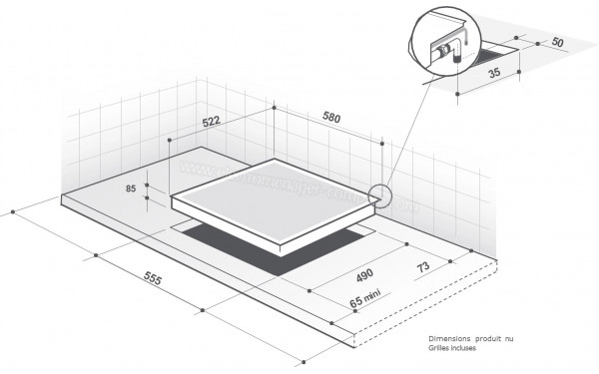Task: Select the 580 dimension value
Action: [331, 118]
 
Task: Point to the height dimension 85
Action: [131, 187]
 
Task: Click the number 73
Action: [424, 267]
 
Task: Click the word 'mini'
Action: [372, 294]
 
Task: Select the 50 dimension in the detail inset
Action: [556, 44]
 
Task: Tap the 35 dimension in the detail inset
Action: [492, 73]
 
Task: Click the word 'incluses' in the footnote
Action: [471, 349]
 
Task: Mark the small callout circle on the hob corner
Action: [380, 195]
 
